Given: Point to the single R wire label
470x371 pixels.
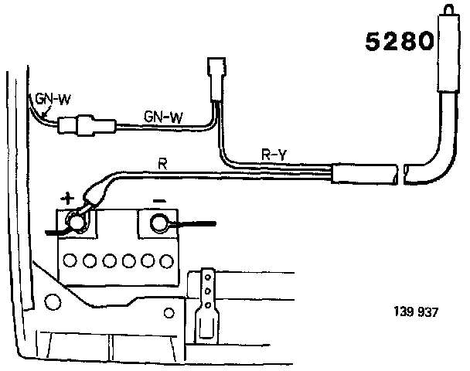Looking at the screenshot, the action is pos(162,164).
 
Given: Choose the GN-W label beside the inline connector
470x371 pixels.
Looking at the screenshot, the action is pos(163,117).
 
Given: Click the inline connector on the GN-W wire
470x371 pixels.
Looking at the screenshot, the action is pos(89,124).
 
